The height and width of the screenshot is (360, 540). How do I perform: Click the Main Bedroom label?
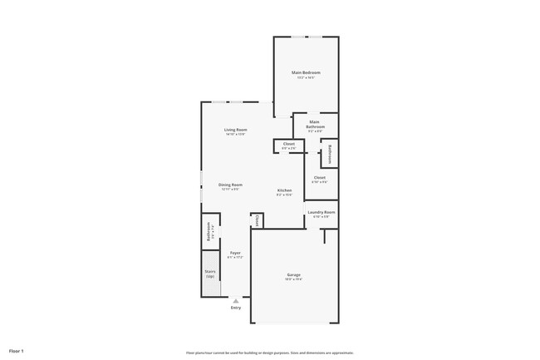[306, 73]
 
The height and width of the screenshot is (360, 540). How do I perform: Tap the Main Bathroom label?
[316, 125]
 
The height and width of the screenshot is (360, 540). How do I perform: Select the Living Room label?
[235, 130]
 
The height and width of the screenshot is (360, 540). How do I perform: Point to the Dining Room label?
[230, 185]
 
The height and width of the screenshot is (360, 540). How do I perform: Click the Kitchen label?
[284, 191]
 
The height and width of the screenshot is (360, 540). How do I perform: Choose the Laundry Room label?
[321, 212]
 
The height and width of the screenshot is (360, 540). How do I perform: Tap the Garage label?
[294, 274]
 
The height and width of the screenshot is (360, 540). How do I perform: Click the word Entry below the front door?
[235, 308]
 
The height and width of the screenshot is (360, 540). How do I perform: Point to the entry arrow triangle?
[235, 301]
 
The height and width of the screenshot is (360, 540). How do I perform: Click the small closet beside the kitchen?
[257, 220]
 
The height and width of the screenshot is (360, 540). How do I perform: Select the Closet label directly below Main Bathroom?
[288, 145]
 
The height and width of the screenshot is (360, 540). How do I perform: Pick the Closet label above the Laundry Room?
[320, 177]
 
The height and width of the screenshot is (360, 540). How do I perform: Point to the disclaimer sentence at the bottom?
[270, 353]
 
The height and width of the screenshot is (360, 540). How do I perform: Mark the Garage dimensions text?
[294, 279]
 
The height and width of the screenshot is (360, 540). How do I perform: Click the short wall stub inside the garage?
[325, 237]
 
